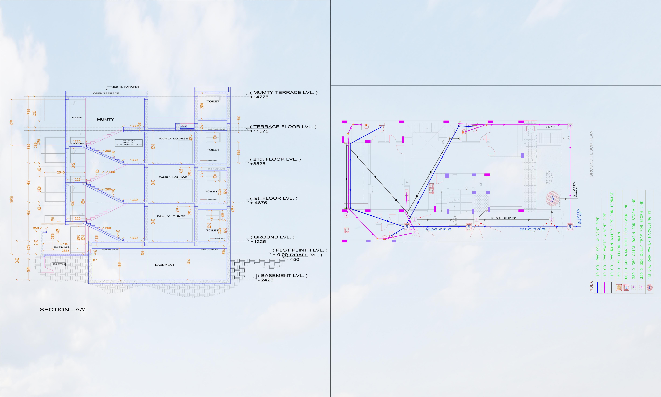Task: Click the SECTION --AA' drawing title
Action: [62, 309]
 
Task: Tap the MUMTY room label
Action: [106, 119]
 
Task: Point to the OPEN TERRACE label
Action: [106, 93]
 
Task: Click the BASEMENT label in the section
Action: [165, 265]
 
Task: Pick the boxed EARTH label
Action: [59, 264]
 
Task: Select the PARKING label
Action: [61, 247]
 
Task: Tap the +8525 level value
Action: [258, 164]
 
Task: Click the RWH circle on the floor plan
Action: [552, 198]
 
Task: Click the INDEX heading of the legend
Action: [591, 286]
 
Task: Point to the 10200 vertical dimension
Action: [12, 199]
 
